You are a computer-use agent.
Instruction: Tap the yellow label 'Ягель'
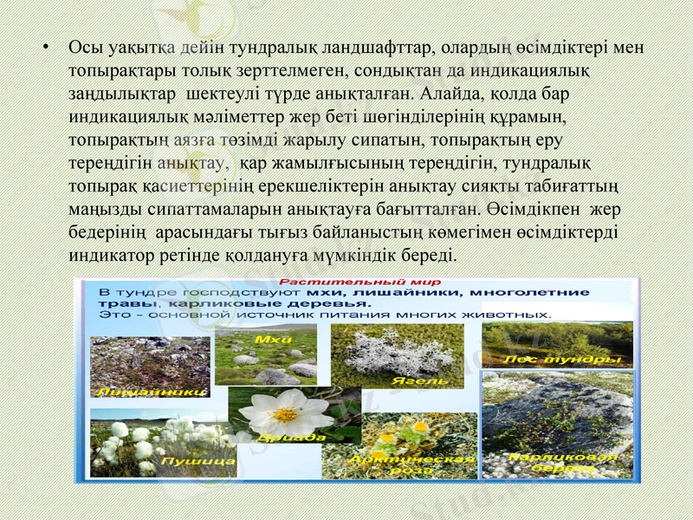pyautogui.click(x=420, y=380)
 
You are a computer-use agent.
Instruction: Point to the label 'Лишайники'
pyautogui.click(x=152, y=392)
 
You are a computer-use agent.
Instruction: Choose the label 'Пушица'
pyautogui.click(x=201, y=461)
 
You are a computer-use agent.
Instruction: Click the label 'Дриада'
pyautogui.click(x=296, y=438)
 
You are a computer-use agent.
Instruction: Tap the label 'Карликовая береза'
pyautogui.click(x=564, y=463)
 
